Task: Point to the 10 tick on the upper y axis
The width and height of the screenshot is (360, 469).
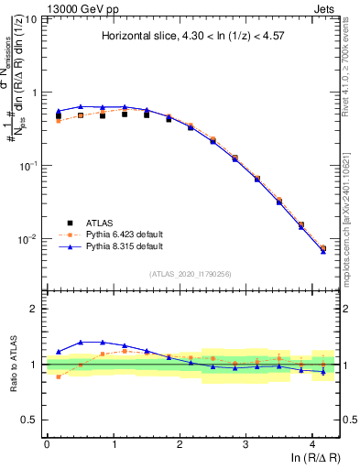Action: click(29, 19)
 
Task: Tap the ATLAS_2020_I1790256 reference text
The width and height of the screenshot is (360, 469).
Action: click(190, 274)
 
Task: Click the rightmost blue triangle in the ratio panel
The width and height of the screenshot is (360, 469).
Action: click(322, 371)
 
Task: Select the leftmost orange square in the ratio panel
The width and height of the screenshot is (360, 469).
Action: click(59, 376)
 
